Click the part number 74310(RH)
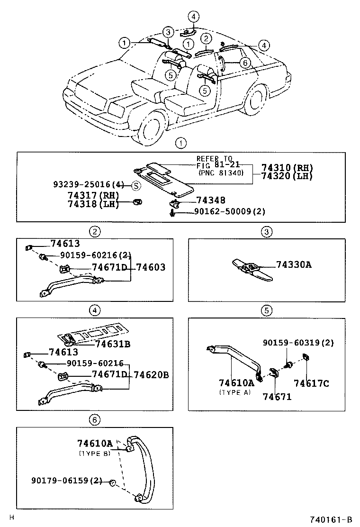[287, 168]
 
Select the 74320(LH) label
[287, 177]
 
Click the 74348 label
[211, 200]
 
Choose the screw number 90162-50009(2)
[229, 212]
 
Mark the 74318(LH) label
[93, 204]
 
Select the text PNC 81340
[222, 173]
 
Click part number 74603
[151, 267]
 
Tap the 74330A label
[294, 265]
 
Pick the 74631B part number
[113, 344]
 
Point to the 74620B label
[151, 374]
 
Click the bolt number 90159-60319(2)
[298, 343]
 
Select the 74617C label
[311, 383]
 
